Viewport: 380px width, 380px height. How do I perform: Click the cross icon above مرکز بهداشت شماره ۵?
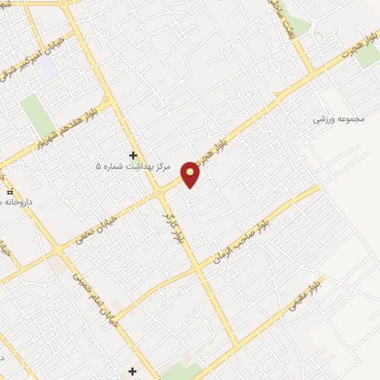coord(134,155)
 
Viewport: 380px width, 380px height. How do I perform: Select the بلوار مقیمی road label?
coord(303,295)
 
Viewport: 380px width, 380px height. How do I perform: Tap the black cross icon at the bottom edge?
coord(133,370)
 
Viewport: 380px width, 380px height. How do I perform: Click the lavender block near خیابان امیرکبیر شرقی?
coord(49,68)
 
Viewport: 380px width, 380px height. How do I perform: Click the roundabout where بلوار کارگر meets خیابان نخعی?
coord(159,194)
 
